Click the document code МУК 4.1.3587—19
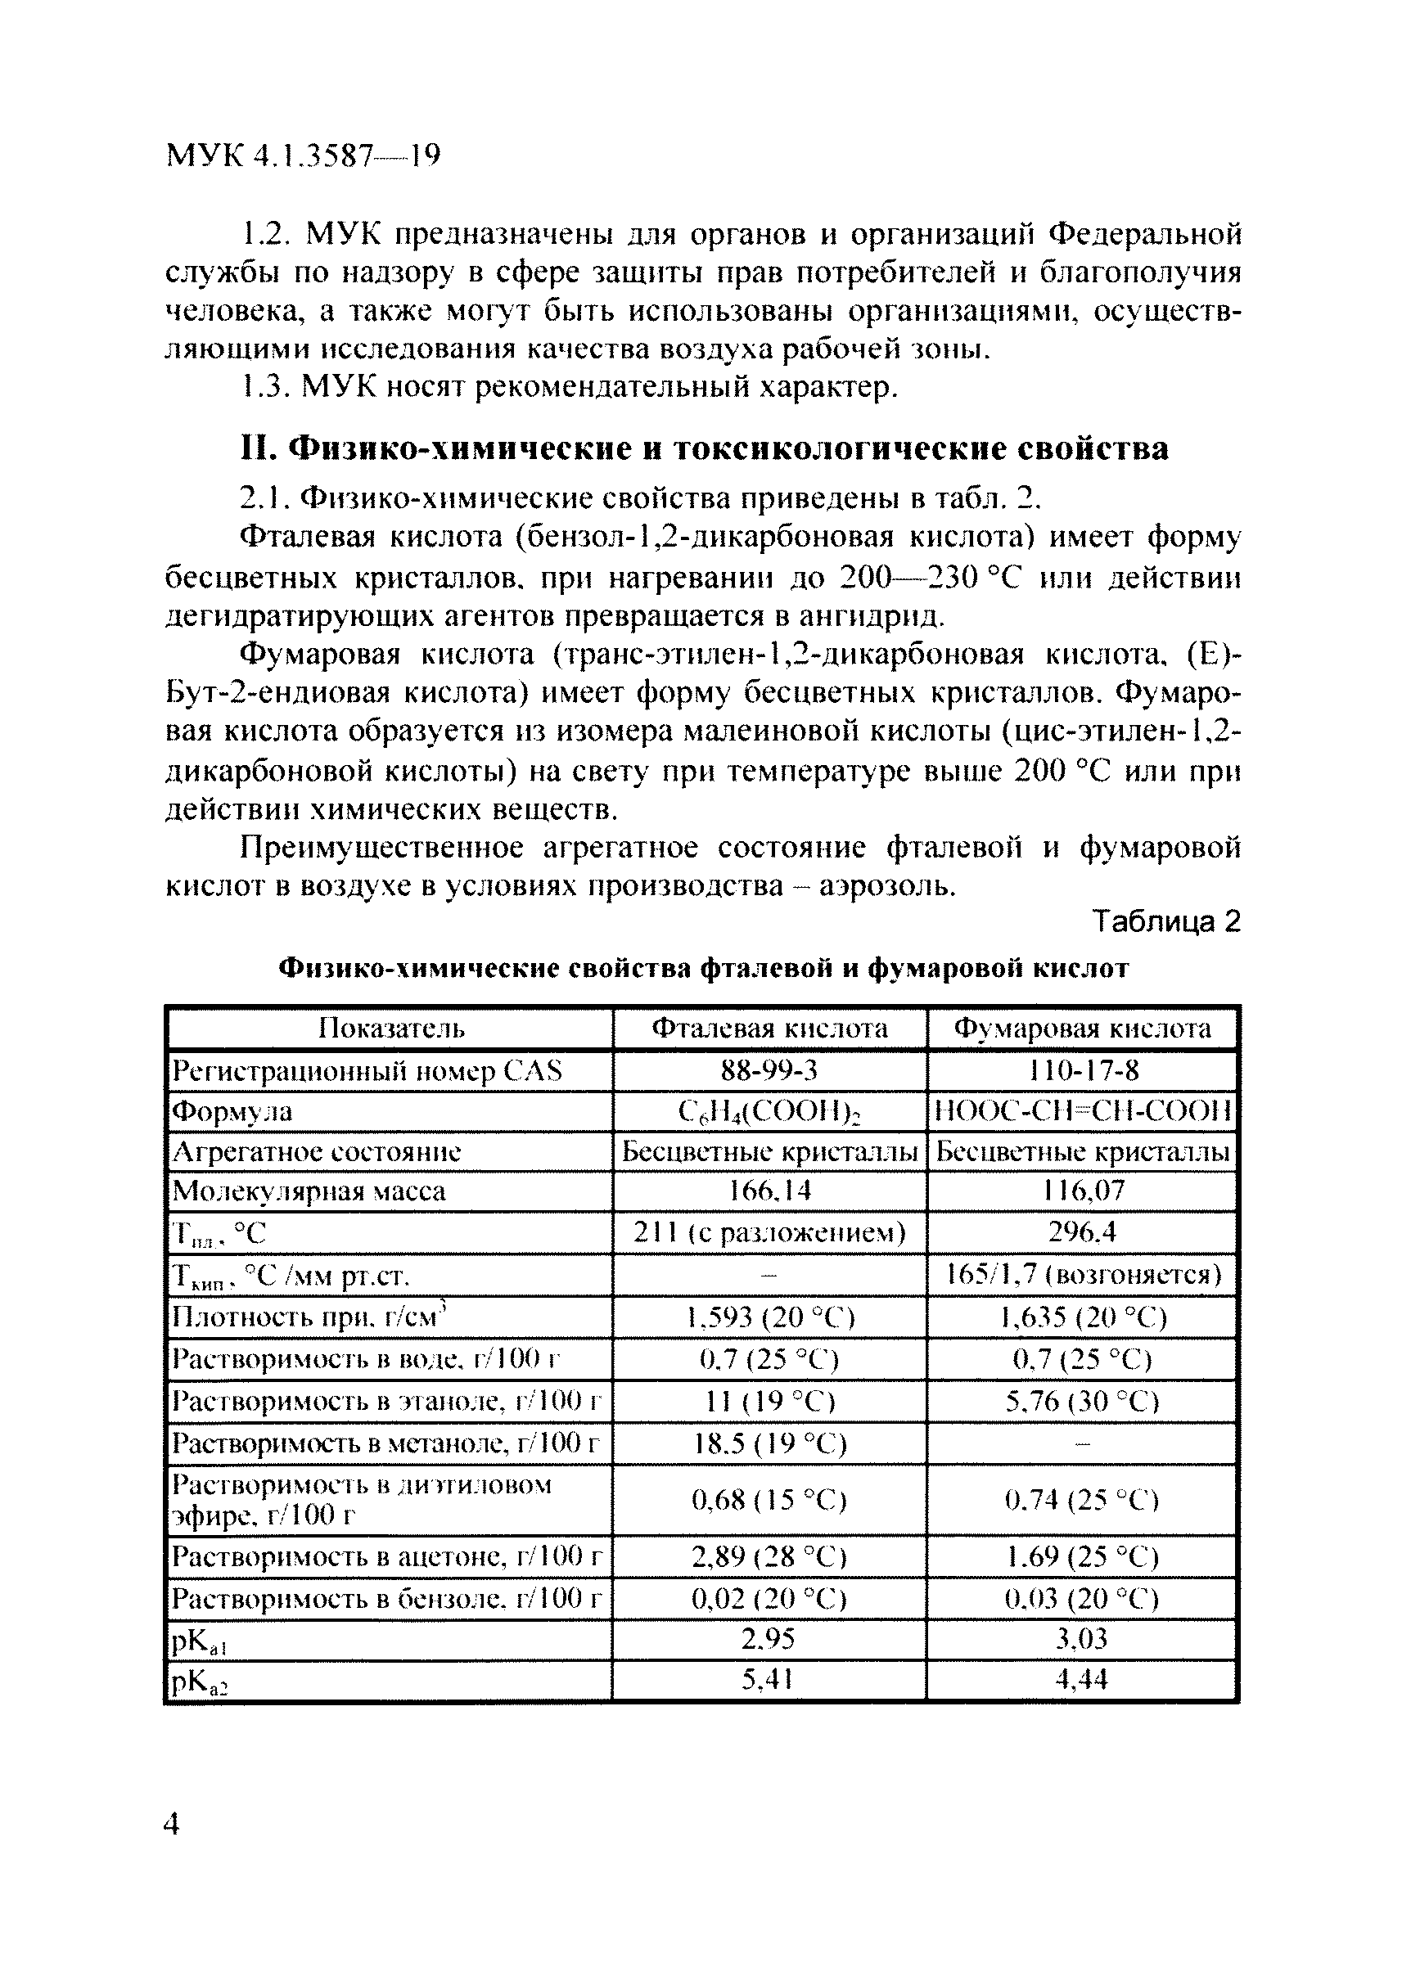click(303, 155)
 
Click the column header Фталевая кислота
click(769, 1028)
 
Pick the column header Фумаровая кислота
click(1082, 1028)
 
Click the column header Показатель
click(391, 1028)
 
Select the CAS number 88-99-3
click(769, 1071)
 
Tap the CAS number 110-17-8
click(1084, 1071)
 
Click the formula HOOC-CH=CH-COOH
click(1083, 1112)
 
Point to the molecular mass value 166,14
click(769, 1191)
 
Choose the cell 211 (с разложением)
click(769, 1232)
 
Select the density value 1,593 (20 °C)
click(769, 1317)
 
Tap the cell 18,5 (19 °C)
click(769, 1443)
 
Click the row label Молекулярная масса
click(309, 1191)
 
